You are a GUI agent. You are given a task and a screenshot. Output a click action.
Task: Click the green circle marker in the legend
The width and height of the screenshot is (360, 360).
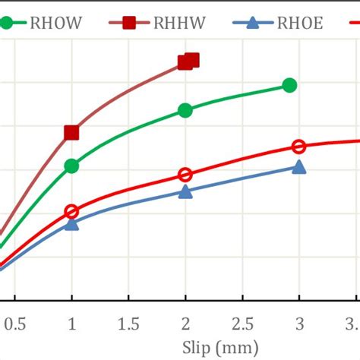(x=7, y=23)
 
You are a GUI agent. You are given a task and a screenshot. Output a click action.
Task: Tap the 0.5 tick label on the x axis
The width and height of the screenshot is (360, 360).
(x=14, y=324)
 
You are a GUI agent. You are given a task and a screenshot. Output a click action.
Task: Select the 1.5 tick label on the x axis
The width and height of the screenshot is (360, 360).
(x=128, y=324)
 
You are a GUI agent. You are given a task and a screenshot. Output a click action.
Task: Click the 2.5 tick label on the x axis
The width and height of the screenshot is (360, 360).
(x=242, y=324)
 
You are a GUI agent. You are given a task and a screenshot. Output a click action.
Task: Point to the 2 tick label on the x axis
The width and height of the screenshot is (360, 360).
(x=185, y=324)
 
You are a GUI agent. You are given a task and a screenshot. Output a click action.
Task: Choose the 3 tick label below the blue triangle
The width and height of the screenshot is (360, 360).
(x=299, y=324)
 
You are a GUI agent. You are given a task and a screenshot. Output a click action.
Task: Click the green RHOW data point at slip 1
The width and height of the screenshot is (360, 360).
(x=71, y=166)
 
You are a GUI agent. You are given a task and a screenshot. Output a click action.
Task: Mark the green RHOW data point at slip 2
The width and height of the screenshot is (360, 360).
(x=185, y=110)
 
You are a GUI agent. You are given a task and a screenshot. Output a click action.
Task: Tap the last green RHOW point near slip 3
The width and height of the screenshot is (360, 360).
(x=289, y=85)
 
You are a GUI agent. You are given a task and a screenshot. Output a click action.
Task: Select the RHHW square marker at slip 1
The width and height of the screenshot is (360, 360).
(x=71, y=133)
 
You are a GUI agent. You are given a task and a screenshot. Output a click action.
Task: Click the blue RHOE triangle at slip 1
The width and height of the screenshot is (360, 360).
(x=71, y=223)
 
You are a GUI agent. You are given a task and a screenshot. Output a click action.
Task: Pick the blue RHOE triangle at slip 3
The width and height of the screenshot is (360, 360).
(x=299, y=167)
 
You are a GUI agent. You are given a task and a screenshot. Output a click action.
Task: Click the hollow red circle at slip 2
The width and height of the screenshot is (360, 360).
(x=185, y=175)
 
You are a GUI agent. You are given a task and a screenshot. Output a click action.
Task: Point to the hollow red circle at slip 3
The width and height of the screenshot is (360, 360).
(x=299, y=147)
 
